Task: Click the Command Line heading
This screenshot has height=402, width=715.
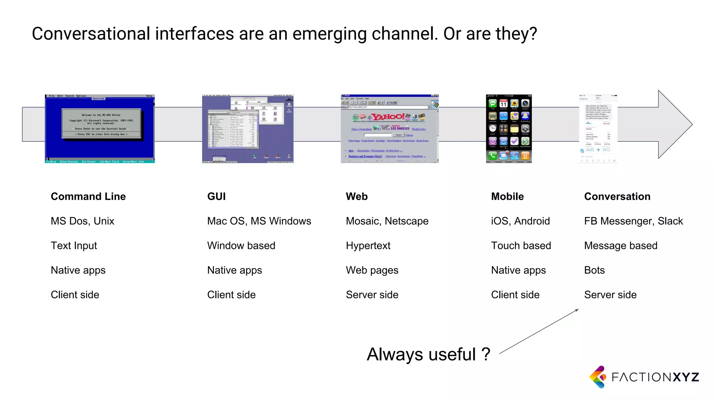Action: [x=88, y=196]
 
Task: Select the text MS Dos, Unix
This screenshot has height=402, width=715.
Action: [x=82, y=221]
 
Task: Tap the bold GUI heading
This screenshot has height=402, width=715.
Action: [x=216, y=196]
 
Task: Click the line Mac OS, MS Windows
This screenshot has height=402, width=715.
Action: [x=259, y=221]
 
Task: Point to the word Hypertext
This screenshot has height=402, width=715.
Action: [x=368, y=246]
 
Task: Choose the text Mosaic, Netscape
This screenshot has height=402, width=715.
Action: [x=387, y=221]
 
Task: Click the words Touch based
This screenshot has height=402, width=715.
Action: [x=521, y=246]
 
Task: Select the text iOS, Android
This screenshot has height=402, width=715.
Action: [x=520, y=221]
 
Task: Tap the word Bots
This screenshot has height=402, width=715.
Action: [x=594, y=270]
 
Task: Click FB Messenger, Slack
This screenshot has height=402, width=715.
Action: [x=633, y=221]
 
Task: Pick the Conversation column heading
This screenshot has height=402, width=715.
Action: [x=617, y=196]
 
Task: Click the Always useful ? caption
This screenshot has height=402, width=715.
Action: [x=428, y=355]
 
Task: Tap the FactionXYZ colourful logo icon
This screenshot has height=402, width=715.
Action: [x=598, y=377]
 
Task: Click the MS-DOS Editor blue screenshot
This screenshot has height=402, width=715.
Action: [x=100, y=128]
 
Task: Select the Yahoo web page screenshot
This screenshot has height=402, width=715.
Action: [x=390, y=128]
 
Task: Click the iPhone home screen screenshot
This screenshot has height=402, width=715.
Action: [x=509, y=128]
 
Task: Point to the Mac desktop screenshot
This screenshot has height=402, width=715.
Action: [x=248, y=128]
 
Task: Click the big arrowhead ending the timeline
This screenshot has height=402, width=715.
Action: [x=674, y=124]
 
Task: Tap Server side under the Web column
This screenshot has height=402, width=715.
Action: [x=372, y=295]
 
